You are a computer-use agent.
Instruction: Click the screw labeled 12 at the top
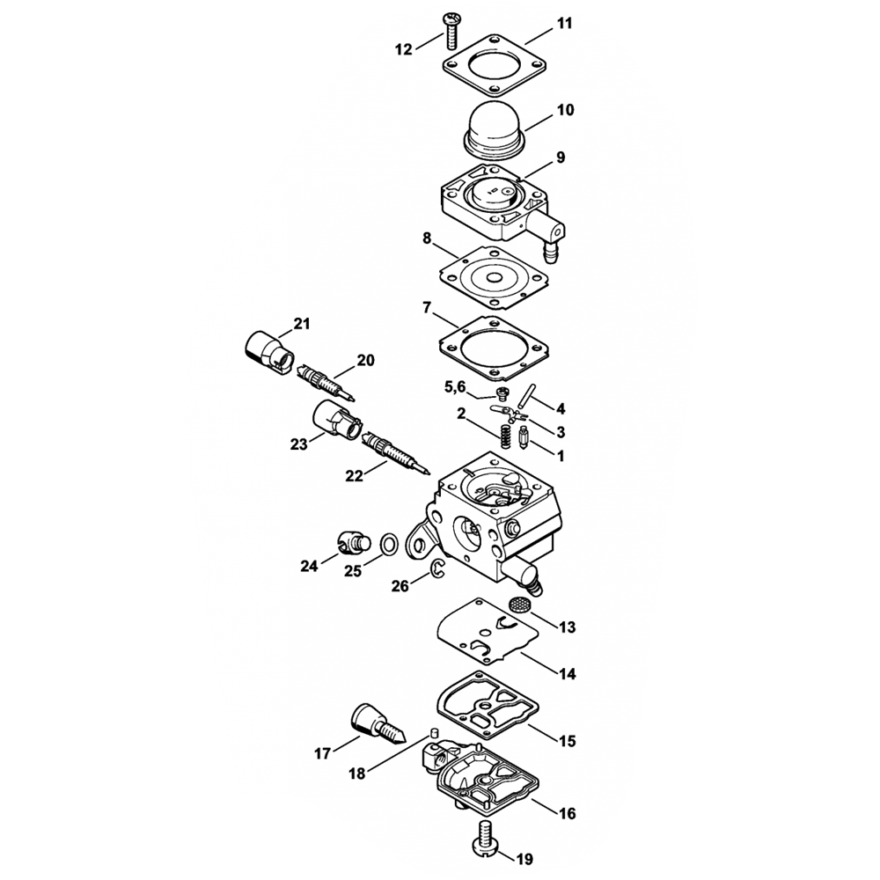click(451, 30)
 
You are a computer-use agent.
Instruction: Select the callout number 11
click(564, 24)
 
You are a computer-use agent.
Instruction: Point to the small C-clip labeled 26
click(436, 568)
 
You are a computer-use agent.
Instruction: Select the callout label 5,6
click(455, 386)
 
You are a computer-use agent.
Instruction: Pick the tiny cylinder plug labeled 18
click(433, 732)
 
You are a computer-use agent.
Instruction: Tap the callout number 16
click(568, 812)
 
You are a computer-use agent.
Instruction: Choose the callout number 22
click(354, 475)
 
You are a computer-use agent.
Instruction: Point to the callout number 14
click(568, 673)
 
